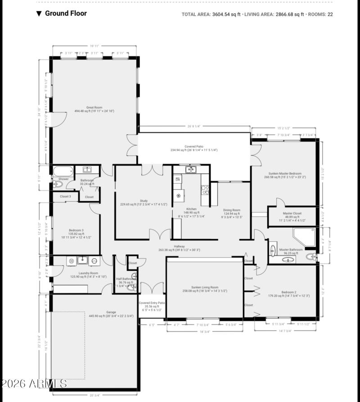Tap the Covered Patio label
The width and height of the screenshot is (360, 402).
(194, 147)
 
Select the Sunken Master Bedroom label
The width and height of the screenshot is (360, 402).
(285, 173)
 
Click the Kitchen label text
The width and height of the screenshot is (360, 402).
(192, 209)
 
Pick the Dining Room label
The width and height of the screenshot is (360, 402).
(232, 210)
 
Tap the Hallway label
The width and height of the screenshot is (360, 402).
(179, 246)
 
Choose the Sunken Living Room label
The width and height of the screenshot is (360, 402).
(205, 287)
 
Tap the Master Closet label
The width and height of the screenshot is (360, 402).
(292, 213)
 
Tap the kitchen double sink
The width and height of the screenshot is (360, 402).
(191, 169)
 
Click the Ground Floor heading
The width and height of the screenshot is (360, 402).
(66, 14)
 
